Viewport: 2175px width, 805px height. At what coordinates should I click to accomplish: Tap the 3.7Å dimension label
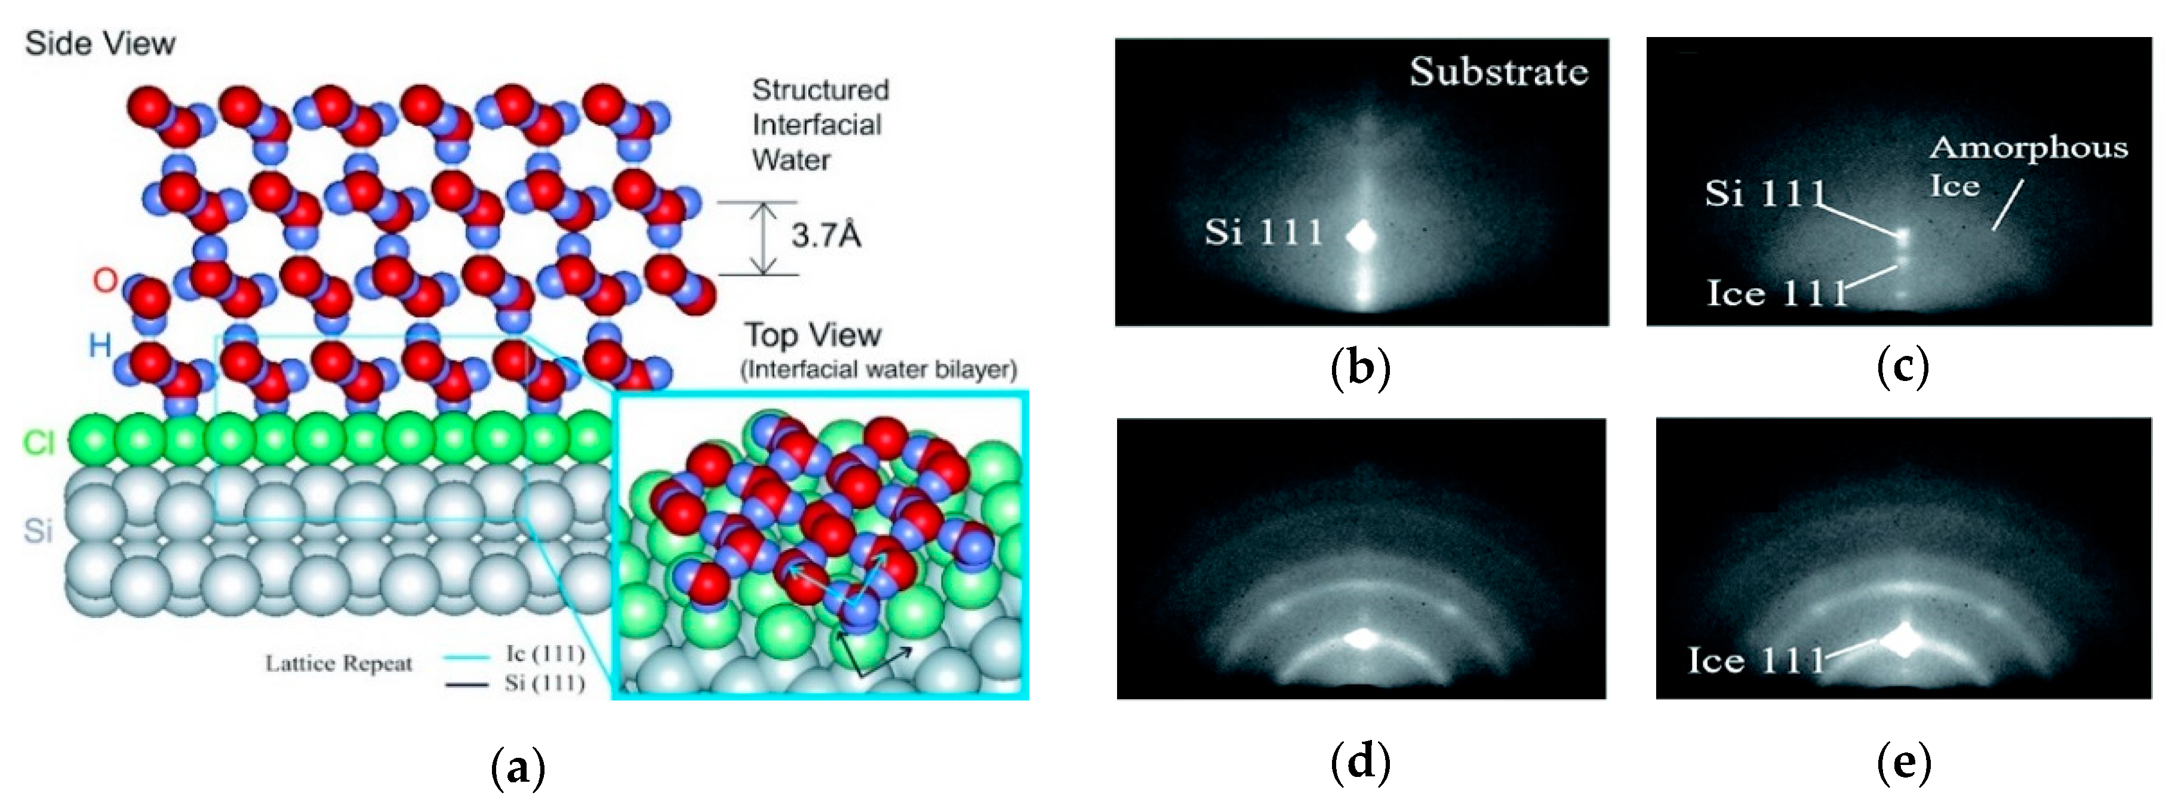(826, 236)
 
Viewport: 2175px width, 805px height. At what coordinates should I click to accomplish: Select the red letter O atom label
(104, 279)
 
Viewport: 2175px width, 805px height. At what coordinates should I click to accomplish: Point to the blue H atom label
(100, 345)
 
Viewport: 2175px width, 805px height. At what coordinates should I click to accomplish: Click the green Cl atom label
(39, 442)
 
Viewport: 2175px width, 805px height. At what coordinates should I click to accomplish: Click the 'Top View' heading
(812, 336)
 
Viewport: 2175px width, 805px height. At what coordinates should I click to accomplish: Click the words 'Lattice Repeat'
(339, 664)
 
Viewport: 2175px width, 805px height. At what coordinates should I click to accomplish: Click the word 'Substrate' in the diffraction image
(1498, 71)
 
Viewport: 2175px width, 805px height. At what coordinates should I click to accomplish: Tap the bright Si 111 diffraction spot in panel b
(1361, 236)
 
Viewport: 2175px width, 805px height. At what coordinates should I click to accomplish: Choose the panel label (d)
(1359, 763)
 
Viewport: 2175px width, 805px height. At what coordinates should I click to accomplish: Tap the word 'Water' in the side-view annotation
(791, 159)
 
